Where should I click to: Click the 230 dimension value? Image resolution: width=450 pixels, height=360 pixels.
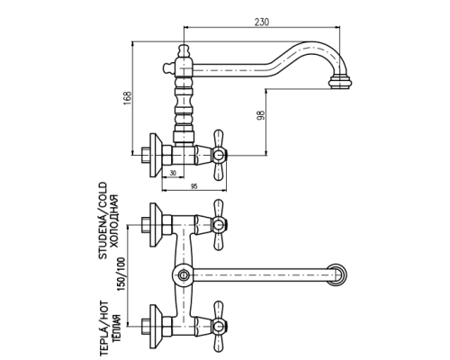click(262, 22)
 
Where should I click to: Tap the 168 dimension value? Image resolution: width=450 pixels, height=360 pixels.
click(128, 97)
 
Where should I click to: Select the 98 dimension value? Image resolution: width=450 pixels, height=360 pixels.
click(261, 115)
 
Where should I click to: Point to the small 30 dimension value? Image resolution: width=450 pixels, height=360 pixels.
click(173, 173)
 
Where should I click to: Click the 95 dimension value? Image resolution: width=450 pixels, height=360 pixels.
click(194, 186)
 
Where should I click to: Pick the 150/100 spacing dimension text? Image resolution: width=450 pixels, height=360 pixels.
click(121, 274)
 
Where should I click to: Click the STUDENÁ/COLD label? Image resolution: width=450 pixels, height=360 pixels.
click(103, 220)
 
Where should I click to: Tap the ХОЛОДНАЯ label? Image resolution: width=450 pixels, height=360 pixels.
click(114, 221)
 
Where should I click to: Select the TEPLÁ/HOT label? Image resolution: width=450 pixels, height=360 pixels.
click(103, 328)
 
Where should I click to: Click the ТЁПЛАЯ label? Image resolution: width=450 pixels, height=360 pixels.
click(116, 328)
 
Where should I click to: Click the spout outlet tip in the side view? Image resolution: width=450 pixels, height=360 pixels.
click(340, 83)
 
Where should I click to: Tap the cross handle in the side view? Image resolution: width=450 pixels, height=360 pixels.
click(219, 156)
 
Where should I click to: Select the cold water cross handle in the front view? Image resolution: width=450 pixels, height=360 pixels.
click(219, 225)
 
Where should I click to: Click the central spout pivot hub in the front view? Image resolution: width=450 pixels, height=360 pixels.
click(183, 274)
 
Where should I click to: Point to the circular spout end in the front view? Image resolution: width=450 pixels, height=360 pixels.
click(337, 274)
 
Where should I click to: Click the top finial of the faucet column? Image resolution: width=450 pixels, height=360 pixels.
click(184, 50)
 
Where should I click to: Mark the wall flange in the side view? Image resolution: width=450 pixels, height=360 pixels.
click(155, 156)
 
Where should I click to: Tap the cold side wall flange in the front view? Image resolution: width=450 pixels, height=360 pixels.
click(155, 225)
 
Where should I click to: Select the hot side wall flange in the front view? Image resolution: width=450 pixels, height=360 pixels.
click(155, 327)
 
